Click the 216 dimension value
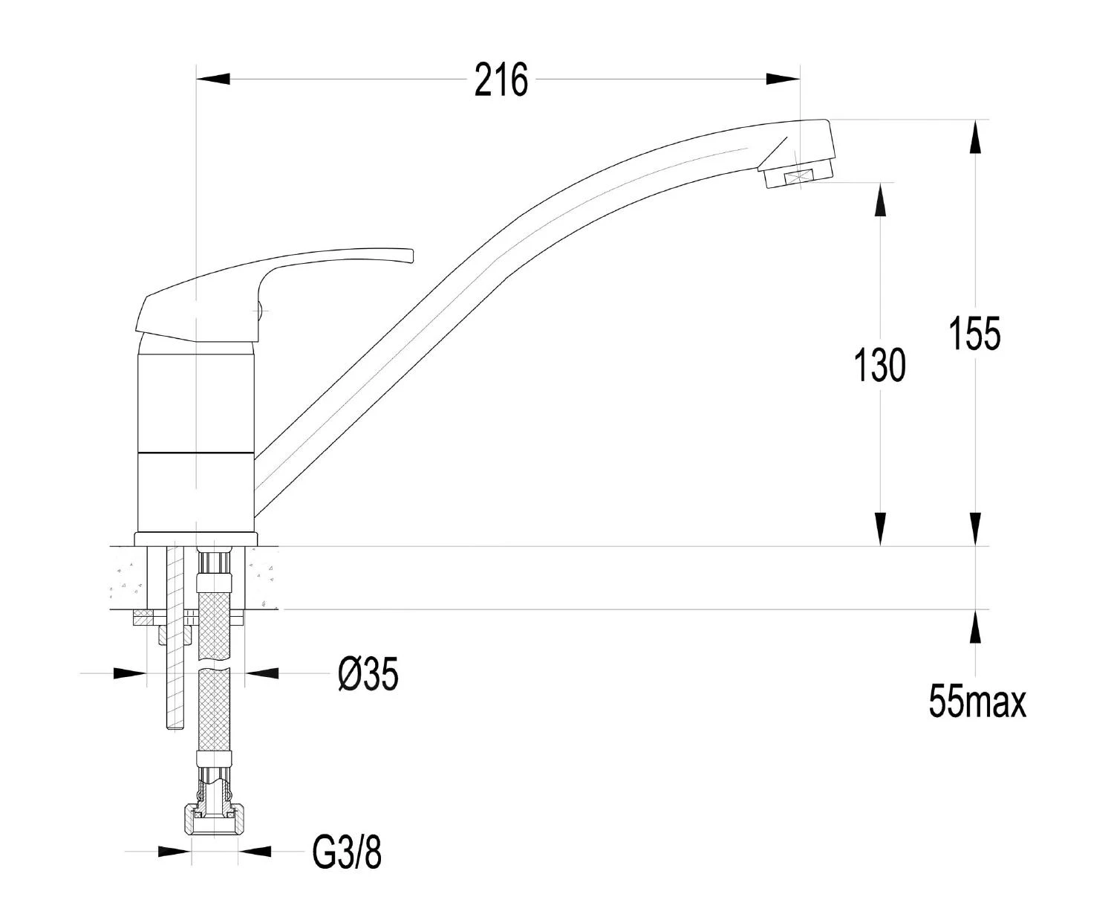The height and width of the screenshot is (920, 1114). point(501,80)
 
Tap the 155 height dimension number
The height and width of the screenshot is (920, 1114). point(974,334)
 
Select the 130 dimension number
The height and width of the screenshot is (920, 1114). point(880,365)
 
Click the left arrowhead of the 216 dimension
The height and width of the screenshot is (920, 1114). point(213,79)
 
